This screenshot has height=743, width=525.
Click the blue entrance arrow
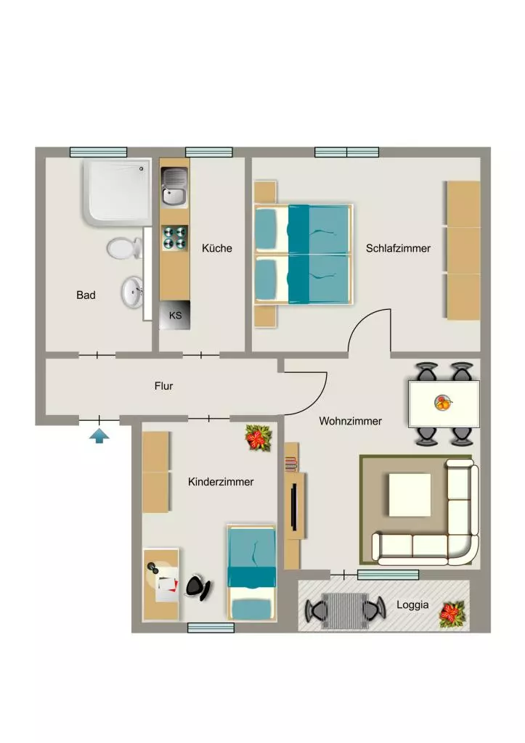(99, 435)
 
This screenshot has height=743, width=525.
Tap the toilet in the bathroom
(124, 248)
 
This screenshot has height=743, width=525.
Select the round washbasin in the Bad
(132, 292)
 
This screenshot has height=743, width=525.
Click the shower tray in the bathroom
(117, 192)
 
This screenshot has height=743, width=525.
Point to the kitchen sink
(174, 186)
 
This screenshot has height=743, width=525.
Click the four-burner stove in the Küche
(174, 238)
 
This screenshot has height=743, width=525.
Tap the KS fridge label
(176, 315)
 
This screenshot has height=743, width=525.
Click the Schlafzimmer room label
(398, 248)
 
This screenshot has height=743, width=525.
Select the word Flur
(163, 386)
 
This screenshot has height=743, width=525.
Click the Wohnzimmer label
(351, 422)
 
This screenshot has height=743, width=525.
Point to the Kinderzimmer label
(221, 482)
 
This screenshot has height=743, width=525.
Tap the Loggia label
(412, 605)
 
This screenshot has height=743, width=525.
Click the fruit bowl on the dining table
(443, 403)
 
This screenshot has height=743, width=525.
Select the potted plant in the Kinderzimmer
(259, 438)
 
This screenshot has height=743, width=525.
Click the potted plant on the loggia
(452, 614)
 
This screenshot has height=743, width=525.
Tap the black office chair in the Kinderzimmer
(198, 586)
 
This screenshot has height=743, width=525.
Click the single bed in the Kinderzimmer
(251, 572)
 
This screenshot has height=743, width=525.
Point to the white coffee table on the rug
(410, 495)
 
